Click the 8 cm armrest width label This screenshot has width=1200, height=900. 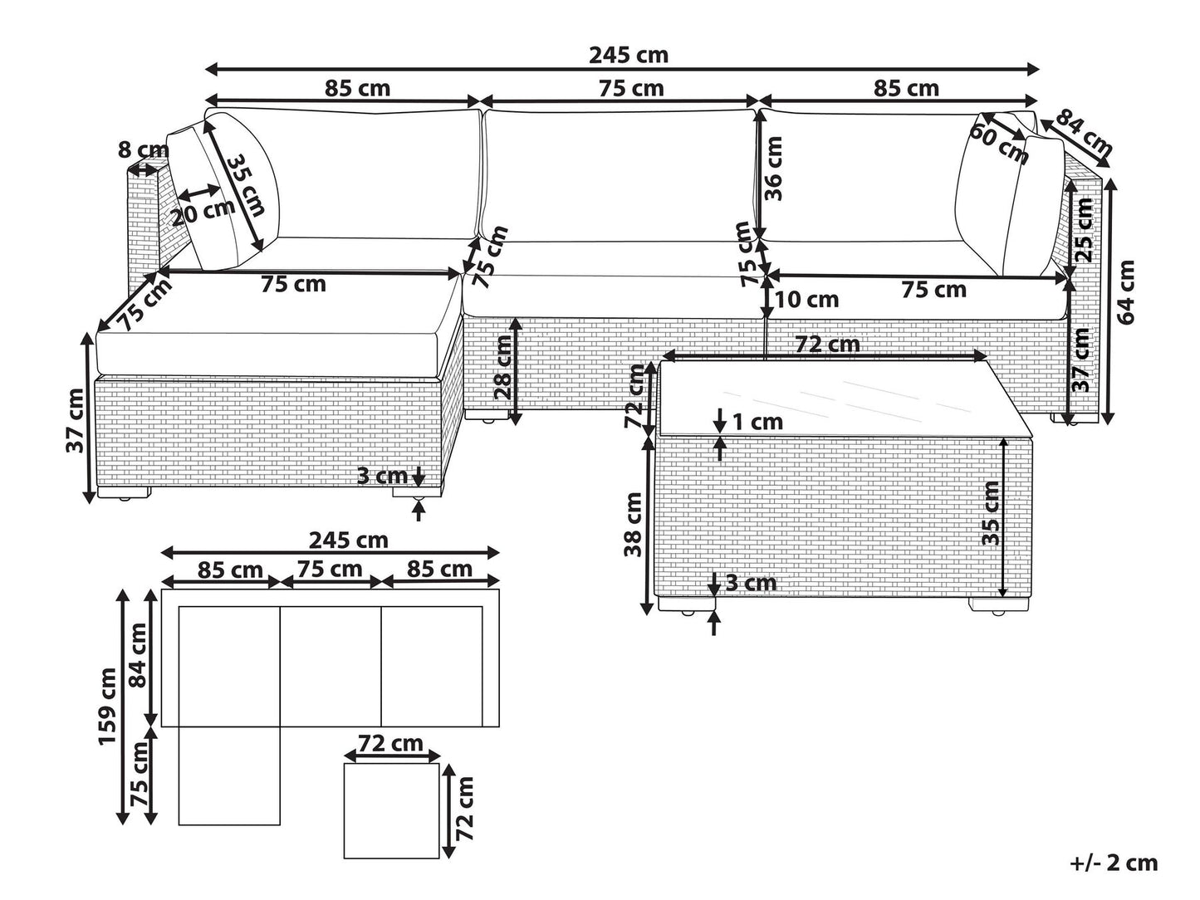(143, 149)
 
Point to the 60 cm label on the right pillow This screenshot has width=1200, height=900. (999, 144)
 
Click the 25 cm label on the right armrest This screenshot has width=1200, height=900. (1083, 230)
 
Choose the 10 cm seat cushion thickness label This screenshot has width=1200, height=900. (806, 300)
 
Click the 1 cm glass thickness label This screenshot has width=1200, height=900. (757, 421)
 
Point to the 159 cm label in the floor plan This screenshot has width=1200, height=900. (107, 706)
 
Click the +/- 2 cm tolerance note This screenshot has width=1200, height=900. (1113, 863)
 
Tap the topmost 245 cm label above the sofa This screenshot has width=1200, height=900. (628, 55)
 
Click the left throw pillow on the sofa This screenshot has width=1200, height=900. (223, 198)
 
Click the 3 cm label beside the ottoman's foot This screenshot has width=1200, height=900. (382, 476)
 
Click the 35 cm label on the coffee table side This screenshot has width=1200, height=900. (990, 513)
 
